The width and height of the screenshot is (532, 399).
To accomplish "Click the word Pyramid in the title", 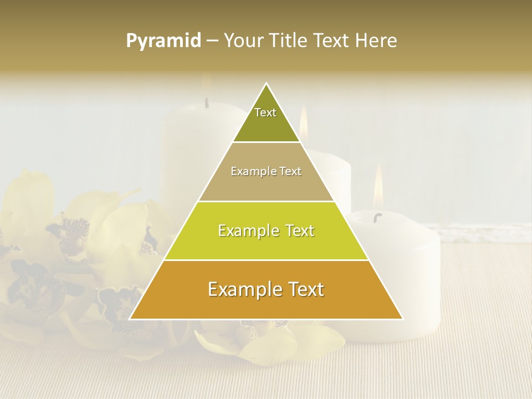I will point(163,41).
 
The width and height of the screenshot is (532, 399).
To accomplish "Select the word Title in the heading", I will point(288,41).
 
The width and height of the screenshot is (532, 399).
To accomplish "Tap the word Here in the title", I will point(376,41).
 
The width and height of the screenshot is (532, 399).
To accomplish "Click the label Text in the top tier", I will point(265,112).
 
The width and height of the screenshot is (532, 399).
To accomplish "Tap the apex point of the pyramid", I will point(267,84).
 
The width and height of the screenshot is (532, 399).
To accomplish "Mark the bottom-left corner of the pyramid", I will point(130,319).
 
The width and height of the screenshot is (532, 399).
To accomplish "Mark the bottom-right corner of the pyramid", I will point(402,319).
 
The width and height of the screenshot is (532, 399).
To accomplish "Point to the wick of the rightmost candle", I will point(378,216).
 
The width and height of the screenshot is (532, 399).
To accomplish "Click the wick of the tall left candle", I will point(207,103).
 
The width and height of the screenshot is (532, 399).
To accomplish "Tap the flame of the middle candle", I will point(304,123).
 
